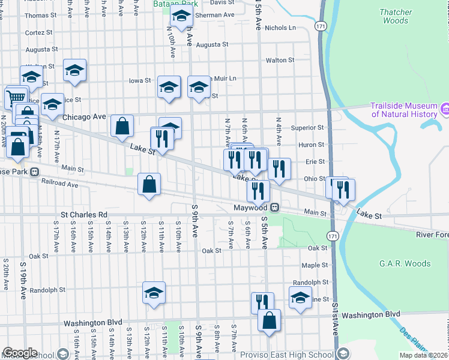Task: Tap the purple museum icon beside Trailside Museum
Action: pos(445,109)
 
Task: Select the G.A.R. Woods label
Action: pos(405,263)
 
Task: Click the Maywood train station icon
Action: pos(274,208)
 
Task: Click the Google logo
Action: pos(20,353)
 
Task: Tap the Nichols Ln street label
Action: pos(280,28)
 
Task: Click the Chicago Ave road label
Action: pos(84,116)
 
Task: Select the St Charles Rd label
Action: pos(83,214)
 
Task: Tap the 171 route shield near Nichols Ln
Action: pos(321,26)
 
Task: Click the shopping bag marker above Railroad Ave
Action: pos(149,185)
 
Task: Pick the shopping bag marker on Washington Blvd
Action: pos(270,321)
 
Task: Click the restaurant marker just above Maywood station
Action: pos(258,191)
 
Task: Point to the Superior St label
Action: pos(307,128)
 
